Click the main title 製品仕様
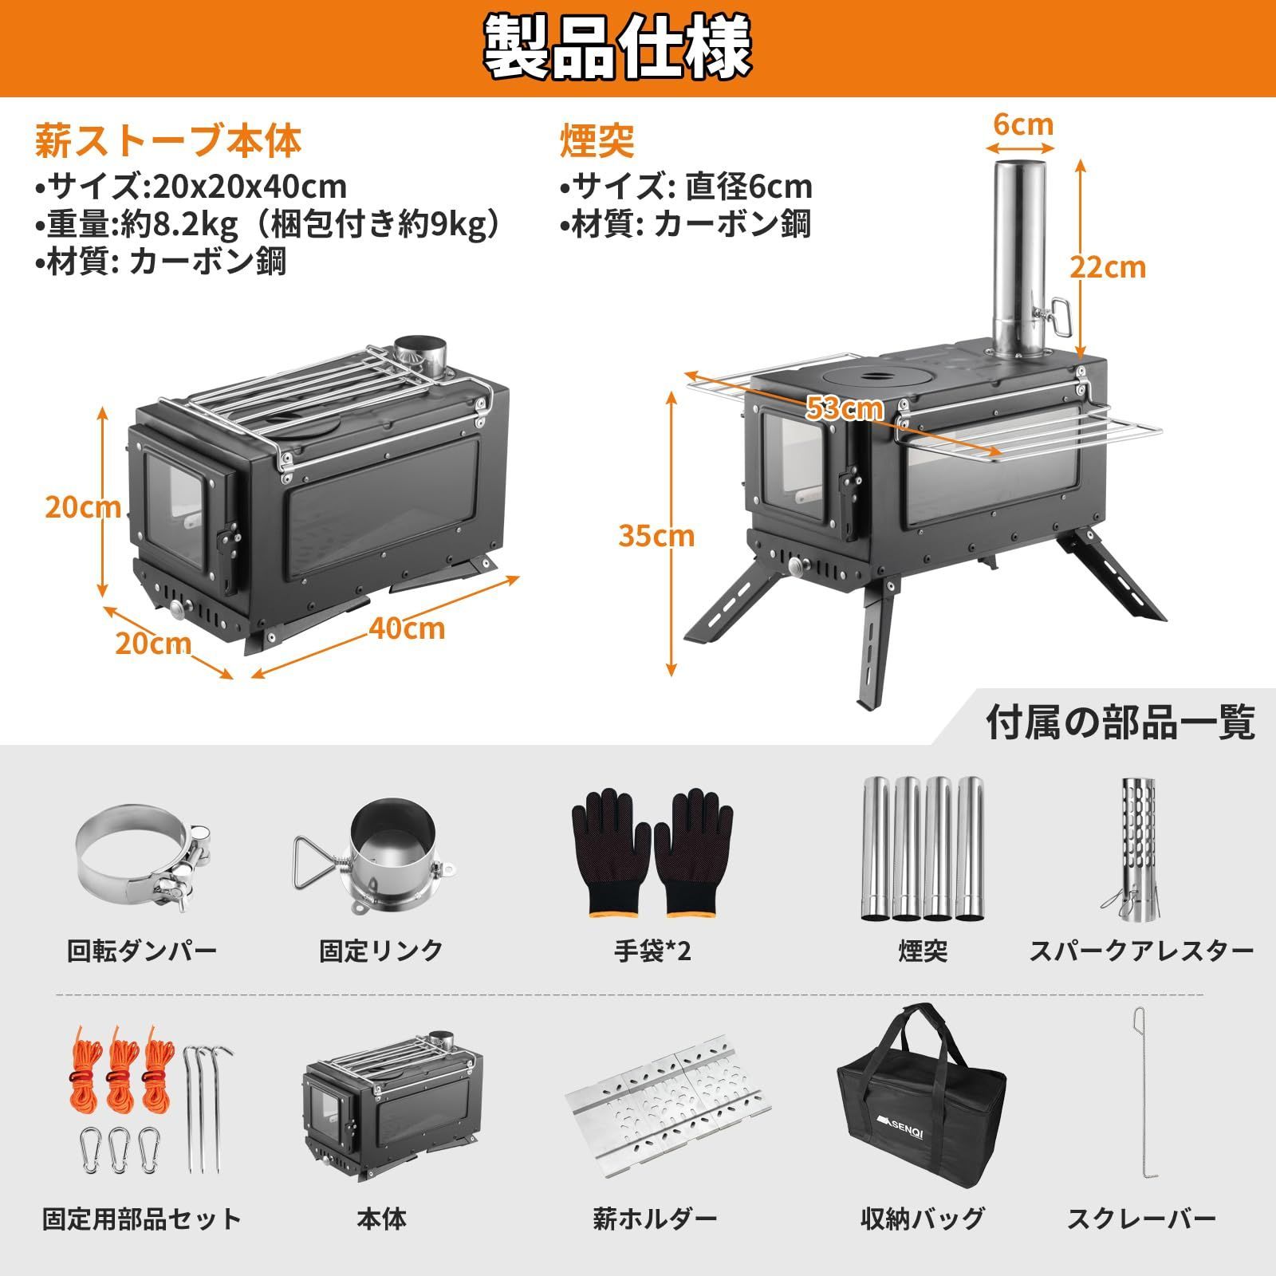coord(618,48)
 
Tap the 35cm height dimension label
coord(656,536)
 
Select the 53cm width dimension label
coord(845,408)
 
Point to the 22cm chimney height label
coord(1108,266)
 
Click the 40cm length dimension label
coord(407,628)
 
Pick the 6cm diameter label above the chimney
coord(1023,124)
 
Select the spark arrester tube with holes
coord(1139,845)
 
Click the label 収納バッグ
coord(923,1219)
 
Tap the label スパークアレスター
coord(1141,951)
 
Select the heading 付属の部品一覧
coord(1120,723)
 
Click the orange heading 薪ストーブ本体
coord(167,140)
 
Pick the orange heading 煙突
coord(597,140)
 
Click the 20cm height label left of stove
coord(82,507)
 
